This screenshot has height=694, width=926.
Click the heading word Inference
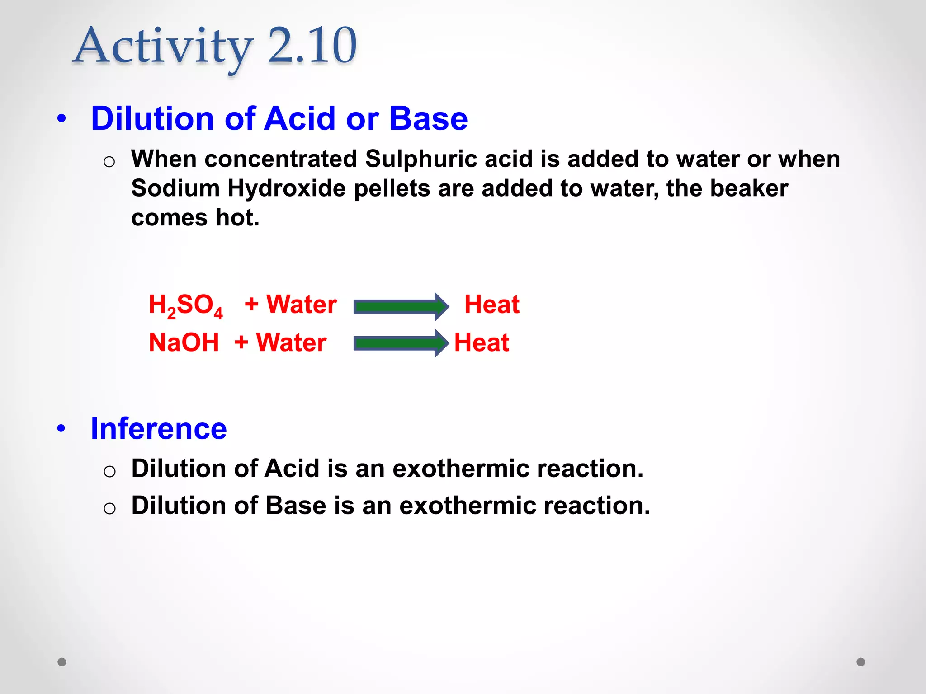159,428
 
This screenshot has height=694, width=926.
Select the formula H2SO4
186,305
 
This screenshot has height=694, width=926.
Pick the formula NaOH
184,342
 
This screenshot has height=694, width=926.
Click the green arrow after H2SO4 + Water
401,307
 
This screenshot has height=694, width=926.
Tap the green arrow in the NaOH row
401,343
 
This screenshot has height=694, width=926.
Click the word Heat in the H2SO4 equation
492,305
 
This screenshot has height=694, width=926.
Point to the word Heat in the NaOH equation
482,342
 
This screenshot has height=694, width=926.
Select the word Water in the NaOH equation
291,342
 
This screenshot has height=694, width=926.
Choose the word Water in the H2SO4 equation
302,305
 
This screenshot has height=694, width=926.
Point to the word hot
237,218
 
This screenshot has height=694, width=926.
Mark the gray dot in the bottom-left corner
62,662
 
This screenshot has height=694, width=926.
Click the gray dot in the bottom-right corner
861,662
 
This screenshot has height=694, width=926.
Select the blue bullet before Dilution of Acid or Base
61,119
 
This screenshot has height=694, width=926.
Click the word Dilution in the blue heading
152,119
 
